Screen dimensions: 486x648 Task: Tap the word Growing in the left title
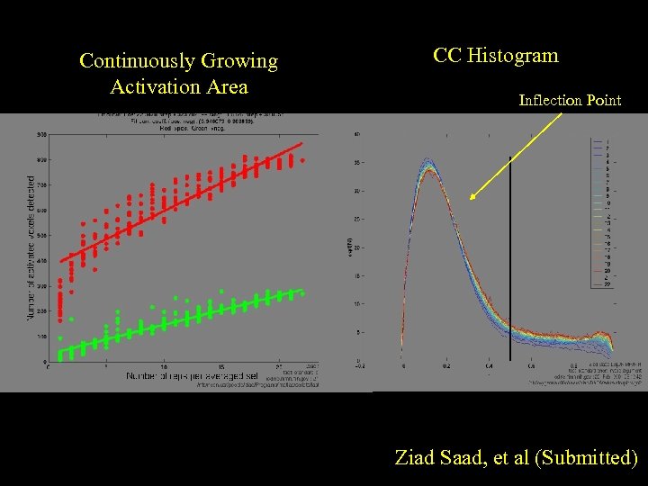[238, 61]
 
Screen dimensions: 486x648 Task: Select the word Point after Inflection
[604, 101]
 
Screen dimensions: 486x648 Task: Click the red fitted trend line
[180, 203]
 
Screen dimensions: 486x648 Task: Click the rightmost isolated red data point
[303, 160]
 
